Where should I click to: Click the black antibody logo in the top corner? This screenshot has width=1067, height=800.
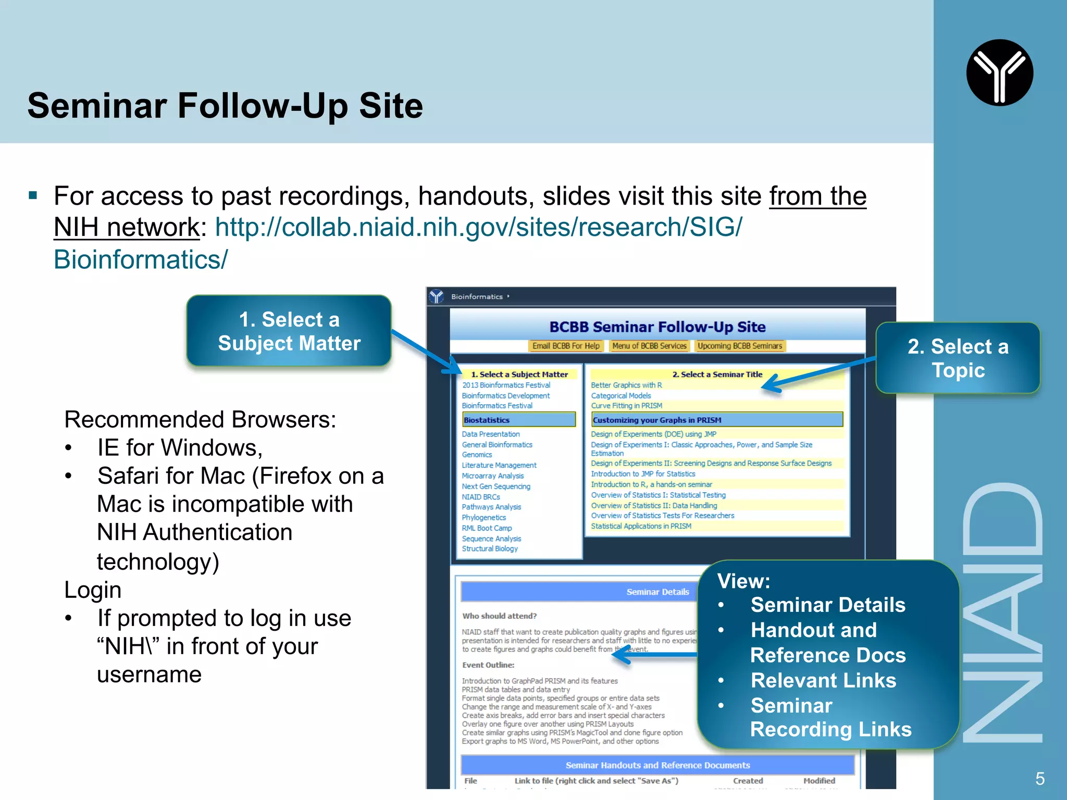pos(999,73)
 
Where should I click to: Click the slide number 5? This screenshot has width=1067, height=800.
pos(1040,779)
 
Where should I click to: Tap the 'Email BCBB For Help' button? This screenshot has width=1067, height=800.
pos(566,346)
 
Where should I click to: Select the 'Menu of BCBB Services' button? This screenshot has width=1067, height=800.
pos(649,346)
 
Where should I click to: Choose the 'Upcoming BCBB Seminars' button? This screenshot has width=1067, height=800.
pos(740,346)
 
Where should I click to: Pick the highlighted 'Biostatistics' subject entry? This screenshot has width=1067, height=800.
pos(519,420)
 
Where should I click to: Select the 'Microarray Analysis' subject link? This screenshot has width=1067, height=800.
pos(493,476)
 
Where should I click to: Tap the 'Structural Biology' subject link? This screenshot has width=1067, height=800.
pos(490,548)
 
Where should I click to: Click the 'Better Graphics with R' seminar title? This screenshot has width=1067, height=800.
pos(626,385)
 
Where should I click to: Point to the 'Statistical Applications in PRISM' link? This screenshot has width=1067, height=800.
pos(641,526)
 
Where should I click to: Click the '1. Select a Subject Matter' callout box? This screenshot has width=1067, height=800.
pos(289,331)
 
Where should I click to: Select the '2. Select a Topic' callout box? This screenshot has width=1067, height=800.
pos(958,358)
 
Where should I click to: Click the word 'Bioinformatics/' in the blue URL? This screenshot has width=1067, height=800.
pos(141,259)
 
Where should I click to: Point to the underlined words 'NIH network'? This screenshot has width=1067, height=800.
pos(127,227)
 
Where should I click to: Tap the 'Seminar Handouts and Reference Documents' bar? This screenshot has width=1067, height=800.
pos(657,765)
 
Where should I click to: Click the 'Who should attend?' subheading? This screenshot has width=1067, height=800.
pos(499,616)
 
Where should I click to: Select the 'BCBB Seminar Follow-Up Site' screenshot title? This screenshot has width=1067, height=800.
pos(657,327)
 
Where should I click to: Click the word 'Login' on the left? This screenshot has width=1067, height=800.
pos(93,590)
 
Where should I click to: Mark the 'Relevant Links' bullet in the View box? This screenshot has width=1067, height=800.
pos(823,680)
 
